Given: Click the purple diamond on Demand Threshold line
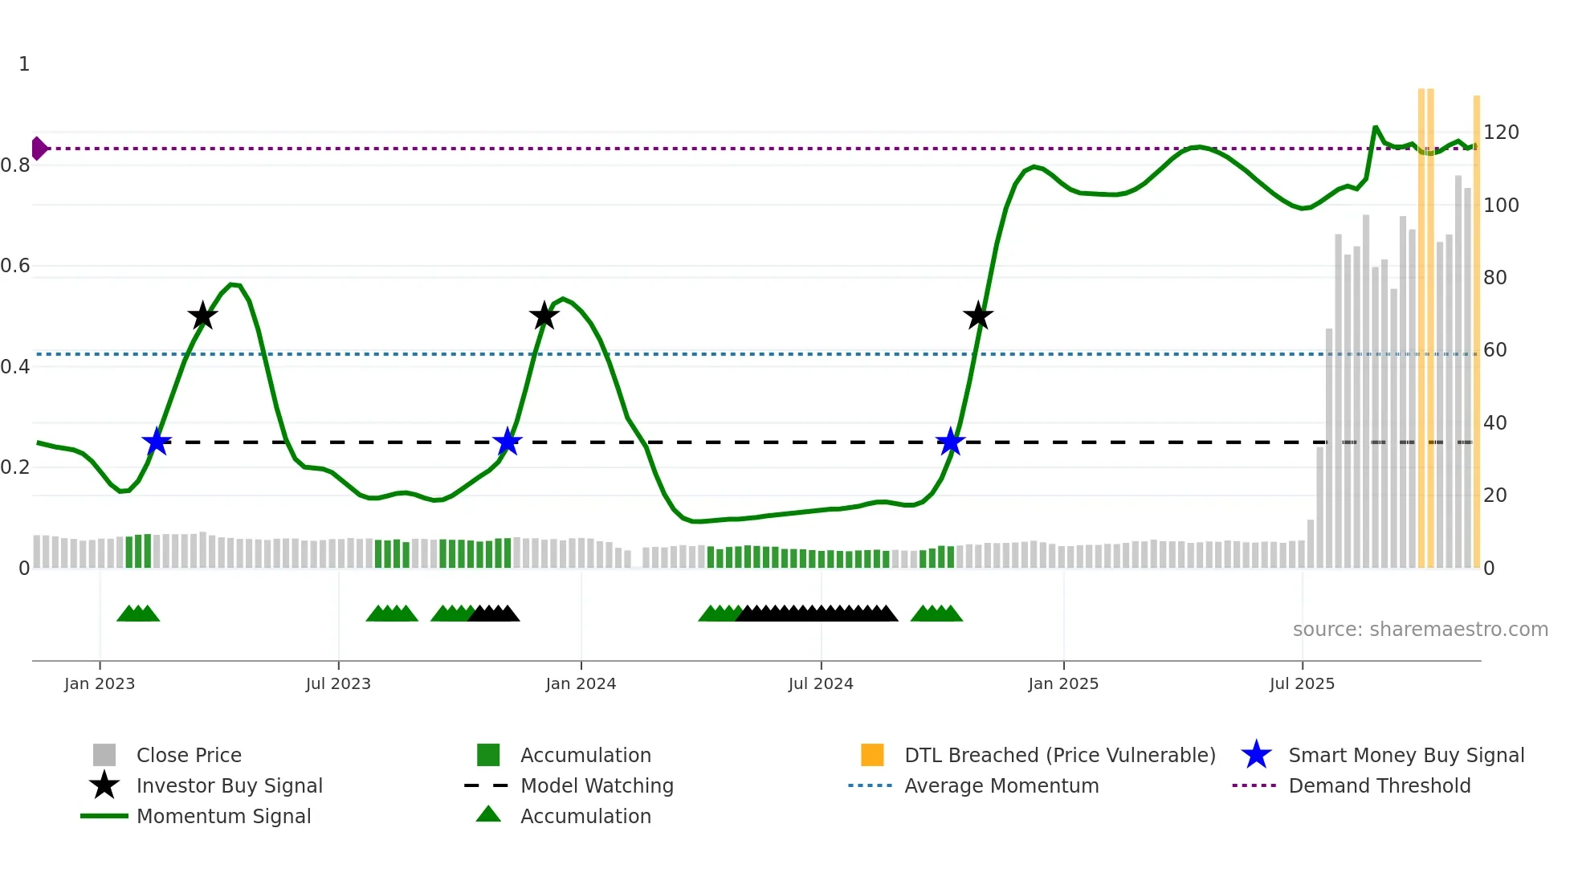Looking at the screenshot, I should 39,149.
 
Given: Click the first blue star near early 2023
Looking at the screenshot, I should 157,442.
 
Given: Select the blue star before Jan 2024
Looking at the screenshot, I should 508,442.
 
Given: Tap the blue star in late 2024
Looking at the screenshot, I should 951,442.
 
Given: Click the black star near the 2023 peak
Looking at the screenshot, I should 202,316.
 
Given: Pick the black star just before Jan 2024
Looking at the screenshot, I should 544,316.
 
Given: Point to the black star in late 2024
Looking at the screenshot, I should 978,316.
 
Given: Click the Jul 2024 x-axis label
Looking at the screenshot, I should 821,684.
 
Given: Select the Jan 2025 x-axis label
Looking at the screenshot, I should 1063,684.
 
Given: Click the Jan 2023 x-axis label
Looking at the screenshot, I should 100,684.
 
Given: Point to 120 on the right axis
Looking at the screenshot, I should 1501,133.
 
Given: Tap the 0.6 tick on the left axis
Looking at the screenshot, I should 15,266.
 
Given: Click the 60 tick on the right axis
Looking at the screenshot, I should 1494,350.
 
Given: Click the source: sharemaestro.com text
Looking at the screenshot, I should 1420,630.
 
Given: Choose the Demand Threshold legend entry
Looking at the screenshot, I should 1379,786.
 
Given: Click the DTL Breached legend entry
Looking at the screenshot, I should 1059,756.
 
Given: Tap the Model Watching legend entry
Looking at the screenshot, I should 596,786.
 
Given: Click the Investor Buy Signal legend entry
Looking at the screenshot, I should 229,786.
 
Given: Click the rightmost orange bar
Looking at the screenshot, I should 1477,331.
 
